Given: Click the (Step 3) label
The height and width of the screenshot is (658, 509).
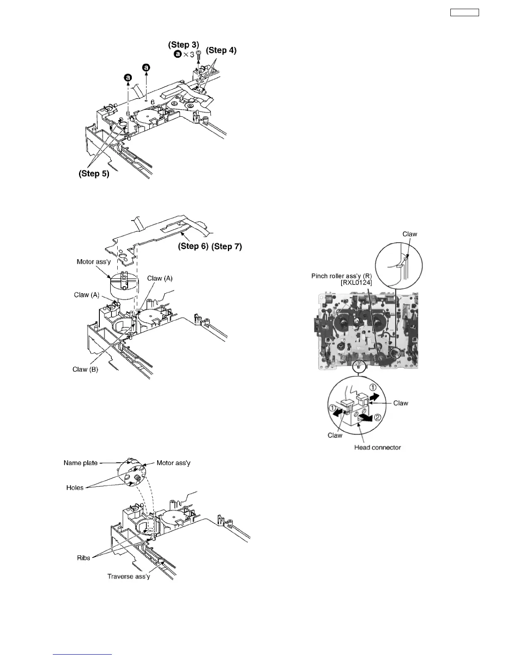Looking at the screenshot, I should point(183,45).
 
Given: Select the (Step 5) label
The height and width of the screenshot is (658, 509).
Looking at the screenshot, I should point(94,174).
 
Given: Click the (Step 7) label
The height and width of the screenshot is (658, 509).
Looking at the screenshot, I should point(227,246).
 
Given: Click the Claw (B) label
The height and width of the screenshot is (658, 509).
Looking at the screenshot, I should point(85,369).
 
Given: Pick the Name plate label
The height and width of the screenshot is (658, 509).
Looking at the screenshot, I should point(81,463).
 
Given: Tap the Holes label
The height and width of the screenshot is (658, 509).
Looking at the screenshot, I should point(75,488).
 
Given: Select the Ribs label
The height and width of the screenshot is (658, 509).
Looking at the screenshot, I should point(84,558).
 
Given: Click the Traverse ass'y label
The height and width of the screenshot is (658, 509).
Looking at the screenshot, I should point(128,576).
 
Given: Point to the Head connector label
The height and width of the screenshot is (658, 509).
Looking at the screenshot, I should point(378,447).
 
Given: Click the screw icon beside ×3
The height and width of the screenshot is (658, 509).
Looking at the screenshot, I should point(198,54).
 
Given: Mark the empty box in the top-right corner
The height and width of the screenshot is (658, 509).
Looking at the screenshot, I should point(465,12).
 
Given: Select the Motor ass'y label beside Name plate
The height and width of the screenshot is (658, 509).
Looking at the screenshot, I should point(173,463).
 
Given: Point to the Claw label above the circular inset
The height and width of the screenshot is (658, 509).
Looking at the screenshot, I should point(410,234).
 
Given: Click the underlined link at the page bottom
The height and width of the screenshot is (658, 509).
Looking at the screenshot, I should point(83,655).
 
